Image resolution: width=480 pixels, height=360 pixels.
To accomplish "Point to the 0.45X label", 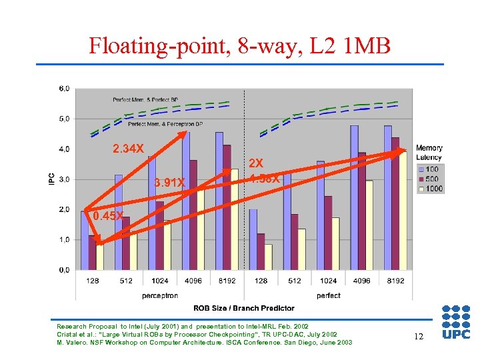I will (x=108, y=216).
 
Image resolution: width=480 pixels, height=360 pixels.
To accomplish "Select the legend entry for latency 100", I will (x=430, y=169).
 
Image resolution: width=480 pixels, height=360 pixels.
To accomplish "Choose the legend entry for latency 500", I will (x=430, y=179).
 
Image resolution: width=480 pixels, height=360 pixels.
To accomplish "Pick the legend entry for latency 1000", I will (x=430, y=189).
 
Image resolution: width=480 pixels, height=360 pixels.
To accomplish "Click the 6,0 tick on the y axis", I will (x=65, y=88).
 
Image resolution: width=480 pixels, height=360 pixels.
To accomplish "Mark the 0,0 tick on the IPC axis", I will (x=65, y=269).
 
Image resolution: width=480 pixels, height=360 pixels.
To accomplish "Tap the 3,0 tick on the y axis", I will (x=65, y=179).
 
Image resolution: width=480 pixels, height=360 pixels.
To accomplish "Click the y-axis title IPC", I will (x=51, y=179).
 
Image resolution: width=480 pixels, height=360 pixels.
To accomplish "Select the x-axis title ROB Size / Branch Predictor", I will (x=243, y=308).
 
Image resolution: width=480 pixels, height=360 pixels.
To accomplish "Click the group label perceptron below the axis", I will (x=160, y=295).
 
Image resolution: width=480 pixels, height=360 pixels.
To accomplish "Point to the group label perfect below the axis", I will (x=329, y=295).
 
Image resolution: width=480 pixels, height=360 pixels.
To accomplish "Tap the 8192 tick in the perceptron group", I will (x=227, y=281).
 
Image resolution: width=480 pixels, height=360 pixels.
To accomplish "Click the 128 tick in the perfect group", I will (x=261, y=281).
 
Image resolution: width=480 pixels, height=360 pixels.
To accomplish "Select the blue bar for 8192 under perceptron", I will (x=219, y=201).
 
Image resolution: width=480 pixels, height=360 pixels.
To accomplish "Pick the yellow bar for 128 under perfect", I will (x=268, y=257).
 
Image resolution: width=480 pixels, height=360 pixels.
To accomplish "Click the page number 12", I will (x=418, y=337).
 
